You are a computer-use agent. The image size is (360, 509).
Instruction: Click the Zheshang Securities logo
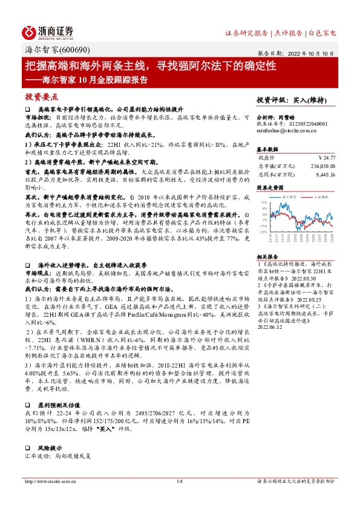coord(48,31)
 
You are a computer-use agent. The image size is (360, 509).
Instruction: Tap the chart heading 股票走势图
coord(269,188)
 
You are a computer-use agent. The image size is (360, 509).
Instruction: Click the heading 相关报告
coord(267,256)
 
